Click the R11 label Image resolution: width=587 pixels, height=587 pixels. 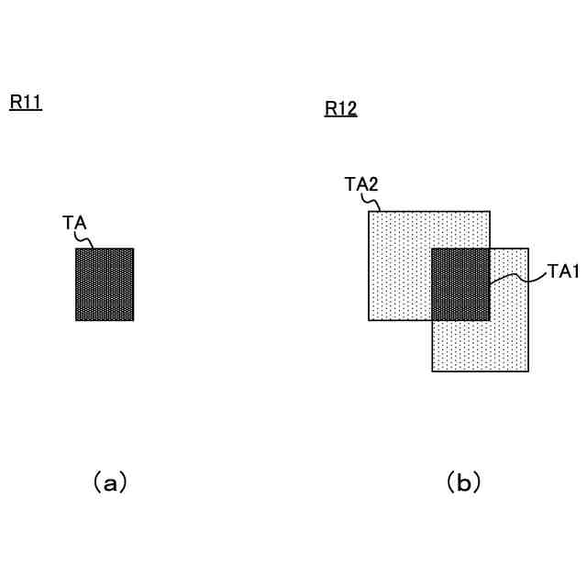[26, 103]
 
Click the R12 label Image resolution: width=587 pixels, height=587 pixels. [341, 110]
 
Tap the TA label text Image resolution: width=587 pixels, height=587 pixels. [75, 222]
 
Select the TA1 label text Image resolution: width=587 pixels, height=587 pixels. [563, 271]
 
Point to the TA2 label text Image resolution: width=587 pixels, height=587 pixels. [362, 184]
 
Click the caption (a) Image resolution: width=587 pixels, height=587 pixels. [110, 482]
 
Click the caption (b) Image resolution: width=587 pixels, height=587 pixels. [463, 482]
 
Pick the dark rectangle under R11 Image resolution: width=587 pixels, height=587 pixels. [105, 284]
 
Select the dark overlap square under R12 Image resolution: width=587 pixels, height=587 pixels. [460, 284]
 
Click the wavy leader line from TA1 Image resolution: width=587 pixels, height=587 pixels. [518, 276]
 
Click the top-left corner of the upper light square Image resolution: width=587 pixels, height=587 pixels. [369, 212]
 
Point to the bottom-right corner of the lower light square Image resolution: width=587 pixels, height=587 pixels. [528, 371]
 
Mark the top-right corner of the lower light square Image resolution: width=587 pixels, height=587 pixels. [528, 249]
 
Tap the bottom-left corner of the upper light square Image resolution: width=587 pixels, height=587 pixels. [369, 320]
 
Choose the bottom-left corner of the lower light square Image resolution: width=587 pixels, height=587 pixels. [432, 371]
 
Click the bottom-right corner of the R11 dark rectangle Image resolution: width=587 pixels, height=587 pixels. [134, 320]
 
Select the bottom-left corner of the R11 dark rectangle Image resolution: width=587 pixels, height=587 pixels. [76, 320]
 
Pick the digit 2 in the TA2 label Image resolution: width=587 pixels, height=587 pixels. [373, 184]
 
